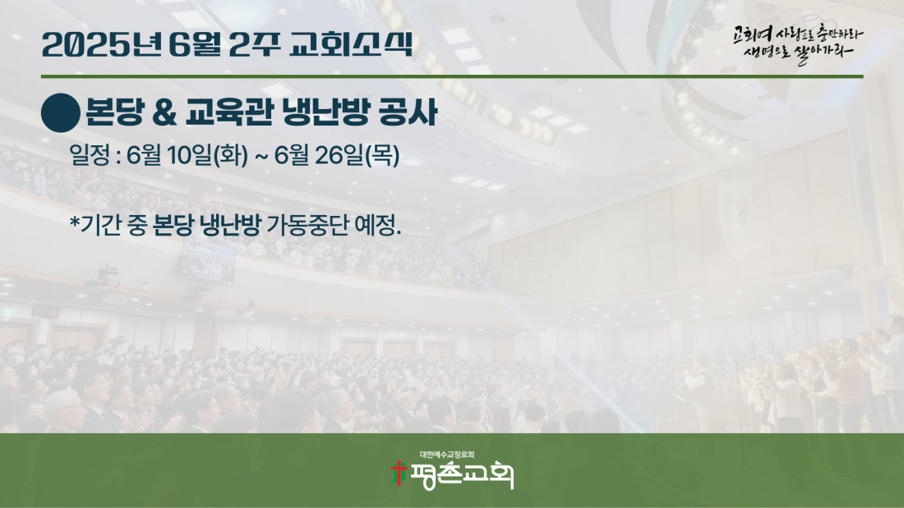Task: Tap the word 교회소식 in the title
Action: pos(352,44)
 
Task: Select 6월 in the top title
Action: pos(195,44)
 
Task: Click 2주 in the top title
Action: pos(255,44)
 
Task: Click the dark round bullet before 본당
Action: pos(61,113)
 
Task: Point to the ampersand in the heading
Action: pos(165,113)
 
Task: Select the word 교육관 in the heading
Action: pos(229,112)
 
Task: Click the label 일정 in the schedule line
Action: pos(90,155)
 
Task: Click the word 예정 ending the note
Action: pos(378,225)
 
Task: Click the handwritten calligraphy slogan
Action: pos(798,43)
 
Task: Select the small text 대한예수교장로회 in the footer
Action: pos(447,455)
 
